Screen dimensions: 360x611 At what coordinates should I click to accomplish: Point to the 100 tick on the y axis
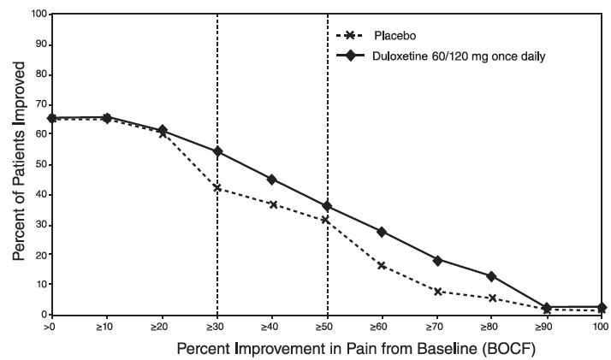point(37,15)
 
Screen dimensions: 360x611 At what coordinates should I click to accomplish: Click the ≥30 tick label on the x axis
point(217,327)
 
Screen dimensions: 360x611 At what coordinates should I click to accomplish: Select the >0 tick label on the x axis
point(51,327)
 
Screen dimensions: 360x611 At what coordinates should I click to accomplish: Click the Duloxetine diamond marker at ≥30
point(217,151)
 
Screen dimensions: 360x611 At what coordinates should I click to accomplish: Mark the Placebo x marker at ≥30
point(217,188)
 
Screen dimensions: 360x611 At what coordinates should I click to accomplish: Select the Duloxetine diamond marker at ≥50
point(327,206)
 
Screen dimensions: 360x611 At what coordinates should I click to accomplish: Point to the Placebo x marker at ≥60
point(382,266)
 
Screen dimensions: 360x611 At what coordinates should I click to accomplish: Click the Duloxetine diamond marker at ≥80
point(491,276)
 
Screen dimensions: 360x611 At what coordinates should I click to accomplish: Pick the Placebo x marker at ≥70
point(436,292)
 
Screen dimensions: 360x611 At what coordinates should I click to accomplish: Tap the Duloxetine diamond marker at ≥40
point(272,180)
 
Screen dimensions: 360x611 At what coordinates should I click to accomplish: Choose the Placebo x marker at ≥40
point(272,204)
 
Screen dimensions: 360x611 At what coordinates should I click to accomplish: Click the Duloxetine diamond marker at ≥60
point(382,232)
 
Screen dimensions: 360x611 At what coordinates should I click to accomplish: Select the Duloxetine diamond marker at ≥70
point(436,260)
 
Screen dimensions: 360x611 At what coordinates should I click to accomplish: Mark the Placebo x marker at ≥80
point(491,298)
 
